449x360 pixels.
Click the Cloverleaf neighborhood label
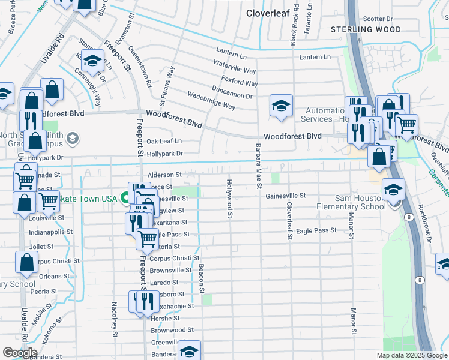[x=268, y=13]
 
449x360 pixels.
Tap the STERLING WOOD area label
[x=367, y=29]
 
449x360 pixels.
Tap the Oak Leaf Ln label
[x=164, y=142]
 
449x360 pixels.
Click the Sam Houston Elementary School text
[x=351, y=202]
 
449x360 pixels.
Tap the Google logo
[x=20, y=352]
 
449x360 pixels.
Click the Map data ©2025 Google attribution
[x=411, y=355]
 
